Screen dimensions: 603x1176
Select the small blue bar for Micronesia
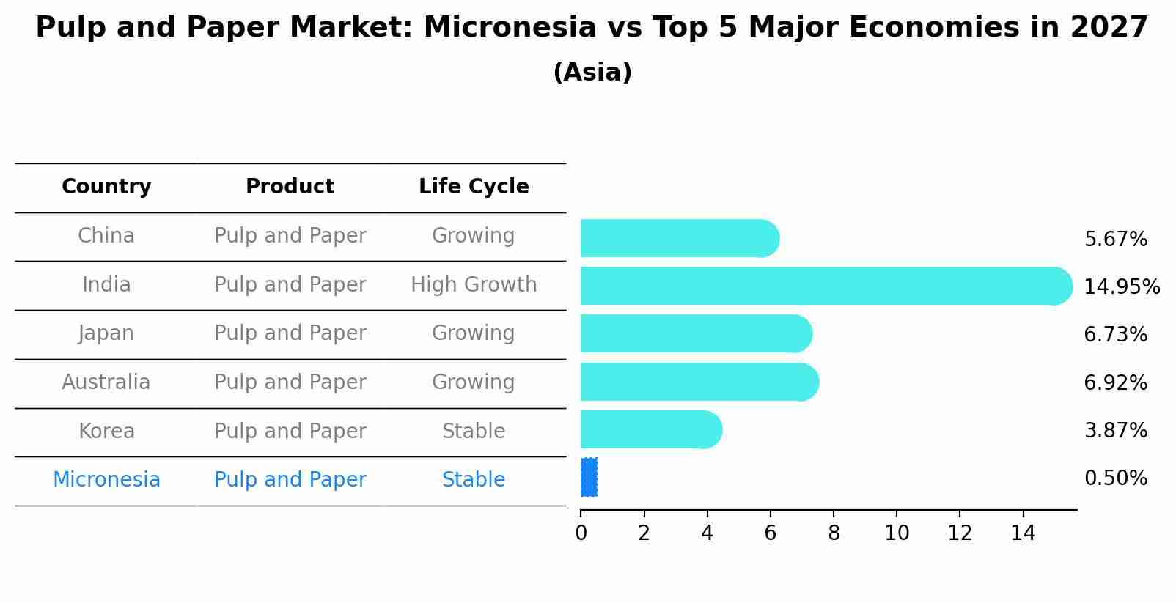[589, 478]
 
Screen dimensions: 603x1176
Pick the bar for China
[679, 238]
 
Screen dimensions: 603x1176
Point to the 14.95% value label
[1121, 287]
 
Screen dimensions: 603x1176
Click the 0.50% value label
[1115, 478]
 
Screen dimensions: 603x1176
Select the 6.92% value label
[1115, 382]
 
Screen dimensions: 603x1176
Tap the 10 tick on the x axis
[896, 533]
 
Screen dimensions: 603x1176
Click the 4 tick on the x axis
[707, 533]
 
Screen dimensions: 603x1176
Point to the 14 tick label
[1022, 533]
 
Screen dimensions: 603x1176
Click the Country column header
[106, 187]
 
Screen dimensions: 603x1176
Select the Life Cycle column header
[474, 187]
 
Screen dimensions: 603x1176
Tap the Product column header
[290, 187]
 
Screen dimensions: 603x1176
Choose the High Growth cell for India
[474, 285]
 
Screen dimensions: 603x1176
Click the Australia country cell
[106, 382]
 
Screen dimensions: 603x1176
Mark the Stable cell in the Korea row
[474, 432]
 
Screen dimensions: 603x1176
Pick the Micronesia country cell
[106, 480]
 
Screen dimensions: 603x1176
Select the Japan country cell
[106, 333]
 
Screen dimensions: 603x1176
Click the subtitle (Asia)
[592, 73]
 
